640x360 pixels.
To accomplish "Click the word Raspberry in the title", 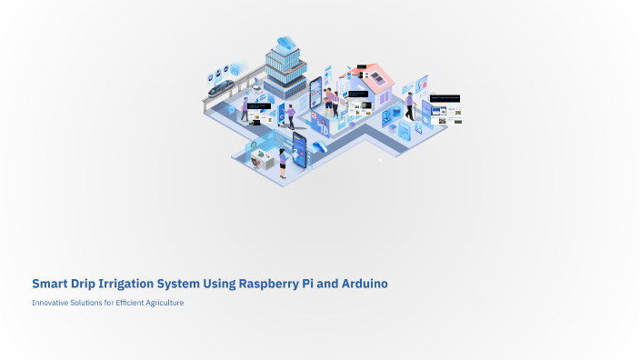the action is (274, 284).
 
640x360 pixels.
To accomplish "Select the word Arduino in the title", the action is (362, 284).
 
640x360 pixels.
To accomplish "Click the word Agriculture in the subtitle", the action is (162, 303).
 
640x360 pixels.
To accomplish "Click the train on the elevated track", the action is (223, 88).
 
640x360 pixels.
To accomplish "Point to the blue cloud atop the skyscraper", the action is (285, 42).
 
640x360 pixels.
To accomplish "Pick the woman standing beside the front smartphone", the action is (284, 163).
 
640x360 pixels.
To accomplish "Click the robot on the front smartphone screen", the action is (298, 145).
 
